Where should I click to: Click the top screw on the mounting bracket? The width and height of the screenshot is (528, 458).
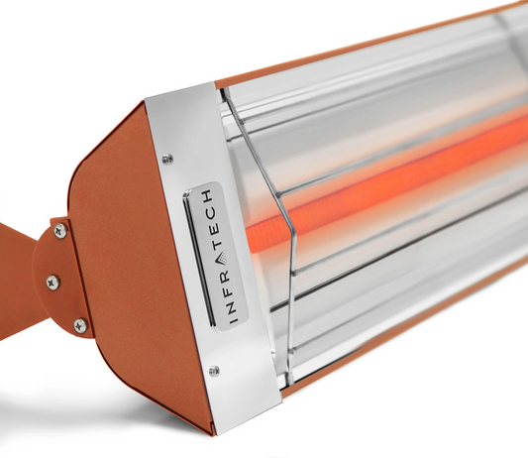(x=60, y=230)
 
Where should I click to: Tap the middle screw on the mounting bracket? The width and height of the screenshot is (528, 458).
(x=53, y=283)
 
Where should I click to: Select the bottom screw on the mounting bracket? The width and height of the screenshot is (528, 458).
(x=79, y=325)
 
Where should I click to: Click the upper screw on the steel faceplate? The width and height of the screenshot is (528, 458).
(x=167, y=159)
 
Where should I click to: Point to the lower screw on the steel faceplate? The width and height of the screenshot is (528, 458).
(x=214, y=371)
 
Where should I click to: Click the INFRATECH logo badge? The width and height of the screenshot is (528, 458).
(x=213, y=254)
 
